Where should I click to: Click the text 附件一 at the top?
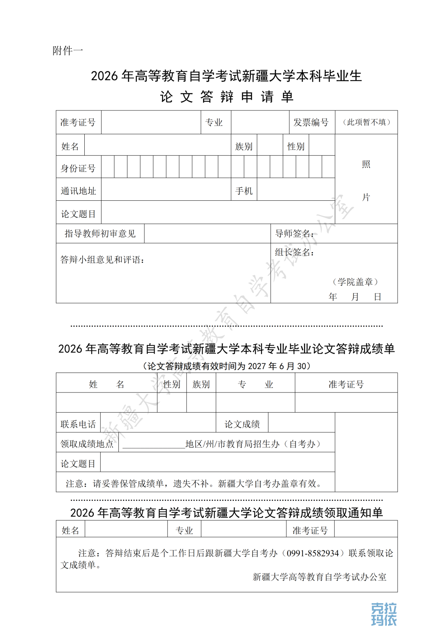[68, 51]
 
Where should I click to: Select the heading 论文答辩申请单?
[227, 97]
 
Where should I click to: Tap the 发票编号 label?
[311, 122]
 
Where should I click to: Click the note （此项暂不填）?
[366, 122]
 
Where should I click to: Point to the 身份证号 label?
[78, 168]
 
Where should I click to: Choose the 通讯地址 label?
[78, 191]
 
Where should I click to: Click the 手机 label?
[244, 191]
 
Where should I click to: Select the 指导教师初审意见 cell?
[100, 234]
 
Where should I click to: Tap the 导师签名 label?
[294, 234]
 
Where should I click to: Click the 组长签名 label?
[294, 252]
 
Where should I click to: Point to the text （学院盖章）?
[355, 282]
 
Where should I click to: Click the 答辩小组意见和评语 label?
[102, 260]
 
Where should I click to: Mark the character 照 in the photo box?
[366, 165]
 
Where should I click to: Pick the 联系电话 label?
[78, 424]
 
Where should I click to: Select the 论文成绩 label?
[242, 424]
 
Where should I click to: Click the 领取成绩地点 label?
[87, 444]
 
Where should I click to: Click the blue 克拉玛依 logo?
[384, 614]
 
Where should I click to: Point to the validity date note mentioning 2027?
[227, 366]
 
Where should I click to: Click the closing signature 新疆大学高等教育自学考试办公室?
[319, 577]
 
